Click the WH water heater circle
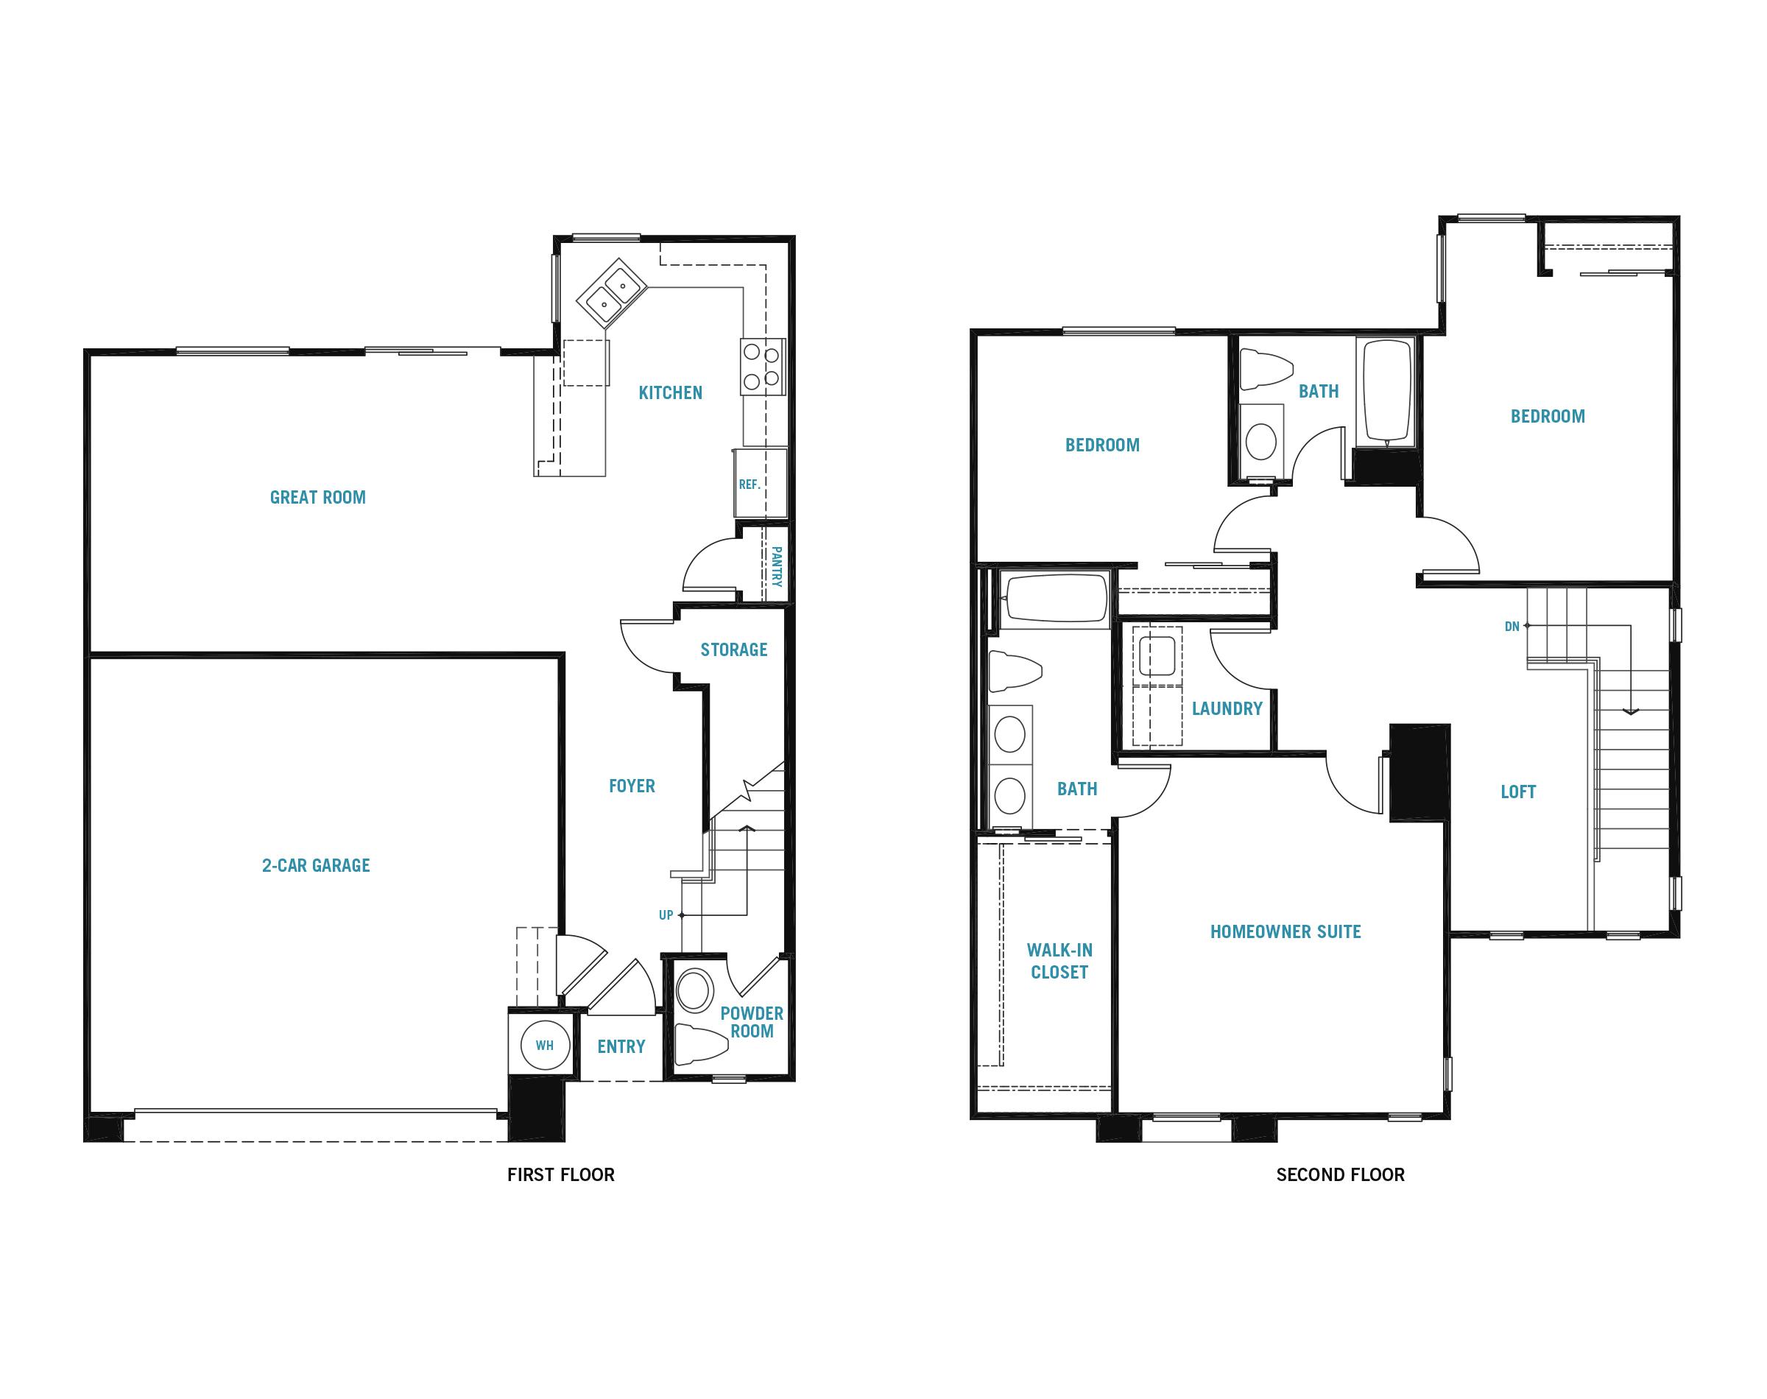[x=545, y=1045]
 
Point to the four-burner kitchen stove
[x=761, y=367]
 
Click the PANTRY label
[x=776, y=567]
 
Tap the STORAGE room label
[x=733, y=649]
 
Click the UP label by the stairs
[x=666, y=915]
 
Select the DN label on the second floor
[x=1512, y=627]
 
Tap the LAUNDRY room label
[x=1227, y=708]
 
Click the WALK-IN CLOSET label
[x=1059, y=961]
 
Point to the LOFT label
[x=1518, y=792]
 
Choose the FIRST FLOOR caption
[x=561, y=1174]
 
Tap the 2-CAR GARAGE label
[x=316, y=865]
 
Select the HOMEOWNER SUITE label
[x=1285, y=931]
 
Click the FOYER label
[x=631, y=786]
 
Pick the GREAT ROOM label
[x=318, y=497]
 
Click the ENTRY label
[x=621, y=1046]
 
